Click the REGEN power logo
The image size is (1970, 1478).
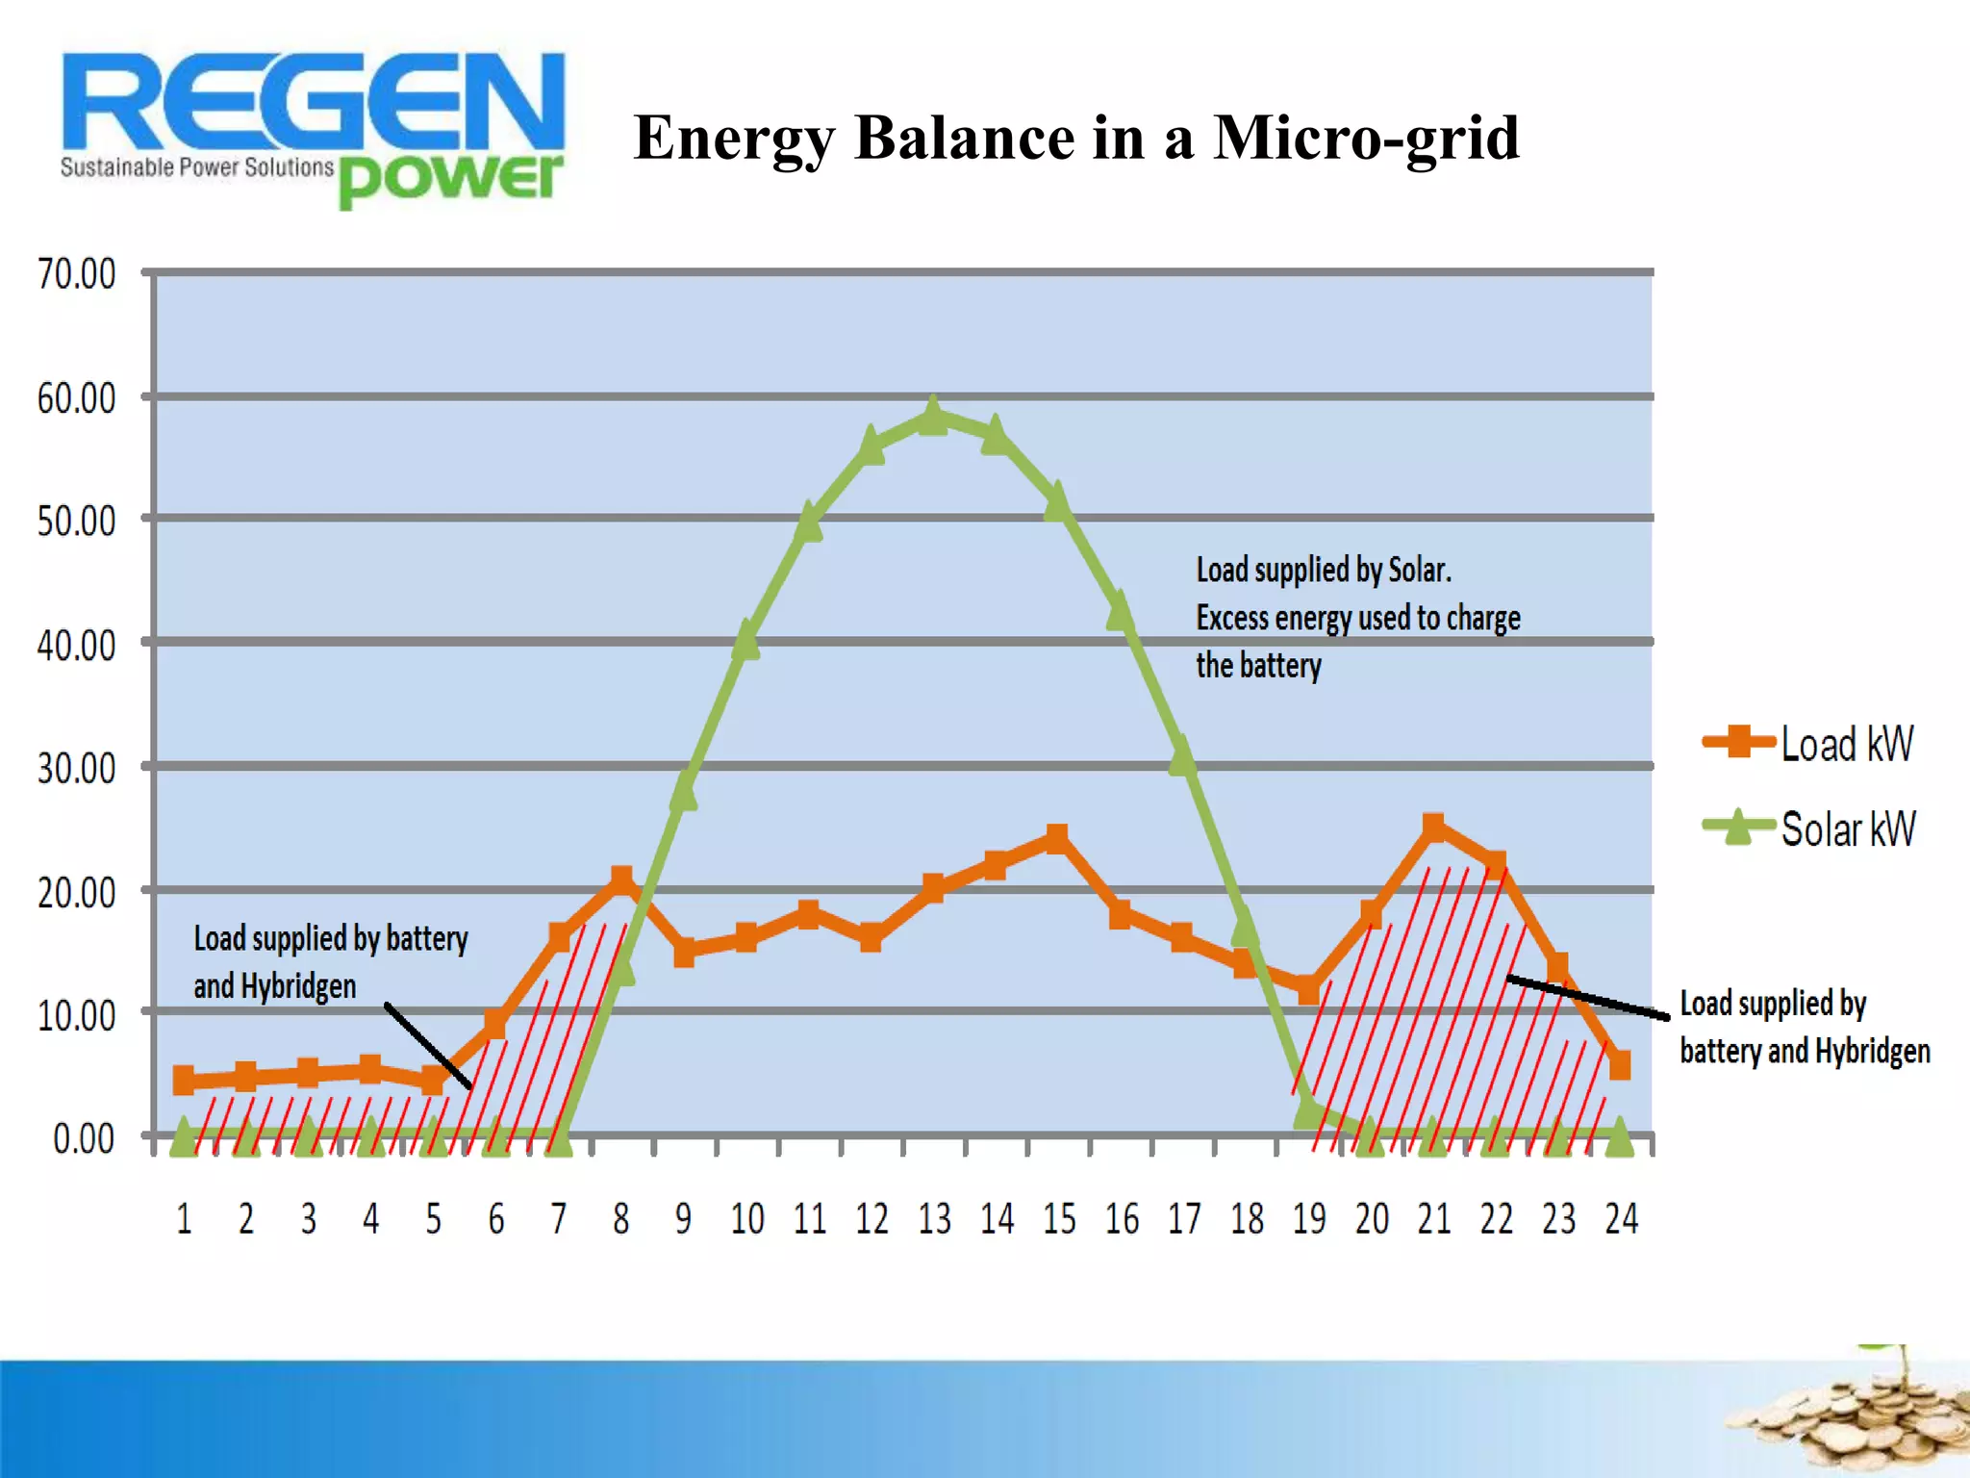(x=313, y=125)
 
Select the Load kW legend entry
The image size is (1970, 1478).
(x=1808, y=744)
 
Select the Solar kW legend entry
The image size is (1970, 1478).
(x=1808, y=828)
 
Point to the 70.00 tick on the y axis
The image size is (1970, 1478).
(x=77, y=273)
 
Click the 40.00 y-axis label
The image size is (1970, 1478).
(x=77, y=645)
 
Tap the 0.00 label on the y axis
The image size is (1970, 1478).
(x=84, y=1138)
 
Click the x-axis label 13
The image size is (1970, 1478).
(x=934, y=1219)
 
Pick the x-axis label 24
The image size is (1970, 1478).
(x=1621, y=1219)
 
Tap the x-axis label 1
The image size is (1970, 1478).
(x=184, y=1219)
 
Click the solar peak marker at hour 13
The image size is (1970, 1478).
(x=932, y=417)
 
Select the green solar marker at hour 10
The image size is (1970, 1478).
(x=745, y=640)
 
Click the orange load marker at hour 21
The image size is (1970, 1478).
(x=1433, y=828)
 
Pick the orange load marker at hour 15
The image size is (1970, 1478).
(x=1057, y=838)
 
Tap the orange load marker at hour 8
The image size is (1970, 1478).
(x=621, y=879)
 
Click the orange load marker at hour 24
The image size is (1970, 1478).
(x=1620, y=1065)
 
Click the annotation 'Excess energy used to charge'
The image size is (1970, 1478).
(x=1357, y=618)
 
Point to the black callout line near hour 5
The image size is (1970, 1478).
(x=427, y=1046)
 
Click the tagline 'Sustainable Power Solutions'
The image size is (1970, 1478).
(x=196, y=167)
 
